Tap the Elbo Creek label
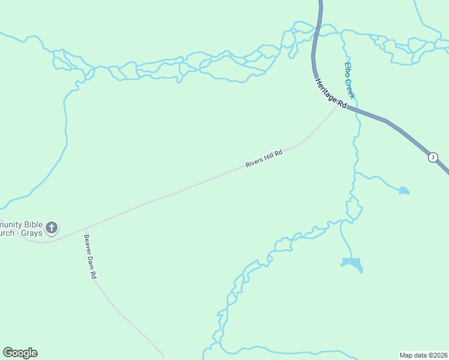[x=350, y=80]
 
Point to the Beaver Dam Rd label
[x=89, y=256]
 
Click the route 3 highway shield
[x=433, y=157]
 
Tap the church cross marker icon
[x=52, y=227]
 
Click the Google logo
[x=20, y=353]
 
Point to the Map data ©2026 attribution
[x=424, y=355]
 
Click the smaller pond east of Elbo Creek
[x=404, y=191]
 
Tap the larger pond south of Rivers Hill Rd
[x=352, y=263]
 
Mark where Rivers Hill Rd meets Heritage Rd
[x=337, y=107]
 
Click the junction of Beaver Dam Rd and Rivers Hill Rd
[x=85, y=229]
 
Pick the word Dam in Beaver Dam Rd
[x=89, y=258]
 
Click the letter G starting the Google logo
[x=8, y=353]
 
